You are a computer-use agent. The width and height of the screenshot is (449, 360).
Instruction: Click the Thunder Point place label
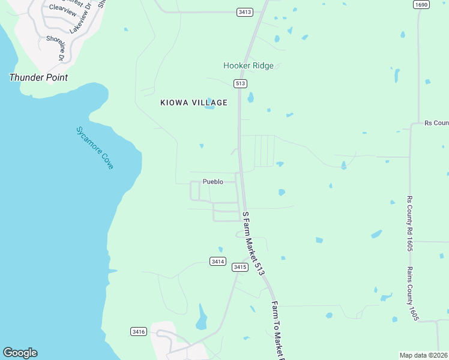pyautogui.click(x=38, y=77)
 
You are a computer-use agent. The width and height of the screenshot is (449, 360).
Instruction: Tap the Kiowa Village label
pyautogui.click(x=194, y=103)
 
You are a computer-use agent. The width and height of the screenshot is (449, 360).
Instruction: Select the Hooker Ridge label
pyautogui.click(x=249, y=65)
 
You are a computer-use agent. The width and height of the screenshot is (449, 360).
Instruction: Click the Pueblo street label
pyautogui.click(x=212, y=181)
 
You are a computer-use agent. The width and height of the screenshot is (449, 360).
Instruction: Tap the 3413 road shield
pyautogui.click(x=244, y=12)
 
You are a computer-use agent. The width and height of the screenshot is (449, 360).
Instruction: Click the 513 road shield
pyautogui.click(x=240, y=83)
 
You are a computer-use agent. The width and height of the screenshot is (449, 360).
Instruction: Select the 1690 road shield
pyautogui.click(x=421, y=4)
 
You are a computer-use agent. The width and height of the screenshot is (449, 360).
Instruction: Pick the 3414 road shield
pyautogui.click(x=218, y=261)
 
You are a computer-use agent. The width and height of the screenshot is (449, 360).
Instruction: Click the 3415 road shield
pyautogui.click(x=240, y=267)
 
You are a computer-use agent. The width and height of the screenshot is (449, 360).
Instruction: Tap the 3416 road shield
pyautogui.click(x=138, y=331)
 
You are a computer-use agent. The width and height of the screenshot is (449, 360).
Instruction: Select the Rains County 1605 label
pyautogui.click(x=412, y=293)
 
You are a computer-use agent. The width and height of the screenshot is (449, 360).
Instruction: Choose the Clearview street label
pyautogui.click(x=63, y=8)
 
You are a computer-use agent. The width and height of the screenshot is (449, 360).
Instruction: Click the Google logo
pyautogui.click(x=20, y=353)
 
